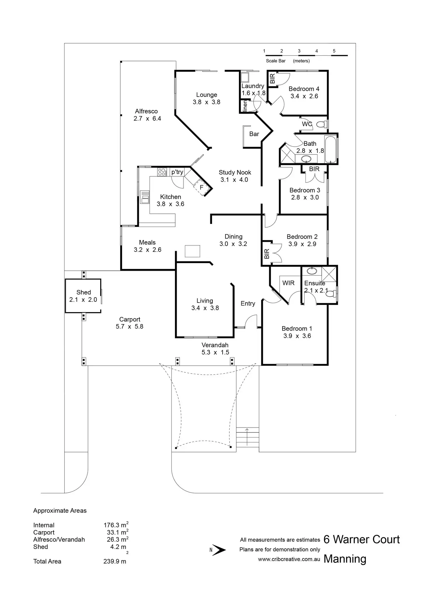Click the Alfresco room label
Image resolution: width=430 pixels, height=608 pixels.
point(146,111)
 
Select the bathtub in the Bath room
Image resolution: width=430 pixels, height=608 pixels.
point(331,149)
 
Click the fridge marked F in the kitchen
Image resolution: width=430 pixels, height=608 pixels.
point(202,187)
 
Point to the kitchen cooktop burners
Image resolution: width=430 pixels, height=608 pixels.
point(162,172)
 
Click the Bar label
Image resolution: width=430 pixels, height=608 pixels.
point(254,134)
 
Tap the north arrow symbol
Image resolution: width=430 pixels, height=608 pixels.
point(219,550)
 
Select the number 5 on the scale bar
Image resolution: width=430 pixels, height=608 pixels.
point(334,51)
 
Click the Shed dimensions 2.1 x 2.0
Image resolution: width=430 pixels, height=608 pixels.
point(83,300)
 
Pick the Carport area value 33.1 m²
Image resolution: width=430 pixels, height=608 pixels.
point(117,532)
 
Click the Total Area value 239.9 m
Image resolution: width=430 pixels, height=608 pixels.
point(115,561)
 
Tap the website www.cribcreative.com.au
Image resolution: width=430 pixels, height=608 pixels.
point(289,560)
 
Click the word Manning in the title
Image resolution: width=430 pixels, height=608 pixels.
point(345,559)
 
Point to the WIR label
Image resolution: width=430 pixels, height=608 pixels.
point(288,283)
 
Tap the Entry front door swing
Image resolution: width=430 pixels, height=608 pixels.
point(251,321)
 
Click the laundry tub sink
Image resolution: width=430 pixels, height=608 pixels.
point(244,78)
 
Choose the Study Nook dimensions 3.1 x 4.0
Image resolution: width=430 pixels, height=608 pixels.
point(234,180)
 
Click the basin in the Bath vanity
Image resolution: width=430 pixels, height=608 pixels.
point(306,159)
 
